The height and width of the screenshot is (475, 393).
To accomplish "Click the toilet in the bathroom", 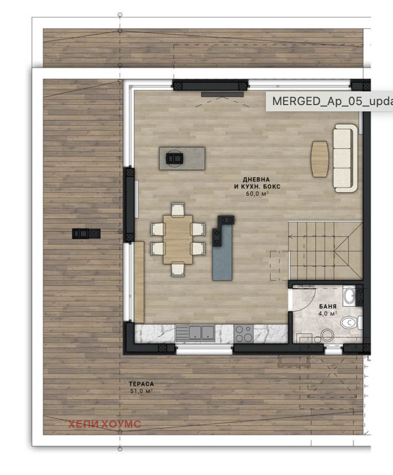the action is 351,323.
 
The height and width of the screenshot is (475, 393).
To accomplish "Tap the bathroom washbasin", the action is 350,296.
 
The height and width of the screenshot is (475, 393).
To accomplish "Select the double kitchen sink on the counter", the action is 195,333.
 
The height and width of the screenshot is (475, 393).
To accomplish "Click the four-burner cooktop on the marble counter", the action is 244,334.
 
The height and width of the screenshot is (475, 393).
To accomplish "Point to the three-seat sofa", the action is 345,158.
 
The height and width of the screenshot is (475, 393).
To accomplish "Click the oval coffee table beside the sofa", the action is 320,159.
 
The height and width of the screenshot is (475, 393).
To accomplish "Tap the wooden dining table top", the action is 178,239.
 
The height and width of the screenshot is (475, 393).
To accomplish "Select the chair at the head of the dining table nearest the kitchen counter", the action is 178,269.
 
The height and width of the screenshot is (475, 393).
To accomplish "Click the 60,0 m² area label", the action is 257,194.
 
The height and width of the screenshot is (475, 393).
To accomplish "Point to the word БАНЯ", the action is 328,306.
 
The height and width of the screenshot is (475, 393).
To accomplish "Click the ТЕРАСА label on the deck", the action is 141,384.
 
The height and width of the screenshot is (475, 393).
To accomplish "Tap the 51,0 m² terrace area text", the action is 141,391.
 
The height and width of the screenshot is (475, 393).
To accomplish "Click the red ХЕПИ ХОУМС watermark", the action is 105,424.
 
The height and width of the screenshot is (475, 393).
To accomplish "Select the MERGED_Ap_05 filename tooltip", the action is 329,101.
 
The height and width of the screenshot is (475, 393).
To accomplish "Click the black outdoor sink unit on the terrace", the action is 86,233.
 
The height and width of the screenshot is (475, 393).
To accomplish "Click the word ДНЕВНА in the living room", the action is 256,180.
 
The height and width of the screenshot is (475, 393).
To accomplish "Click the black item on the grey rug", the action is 174,158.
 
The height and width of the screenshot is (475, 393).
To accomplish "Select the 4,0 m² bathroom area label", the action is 328,314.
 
